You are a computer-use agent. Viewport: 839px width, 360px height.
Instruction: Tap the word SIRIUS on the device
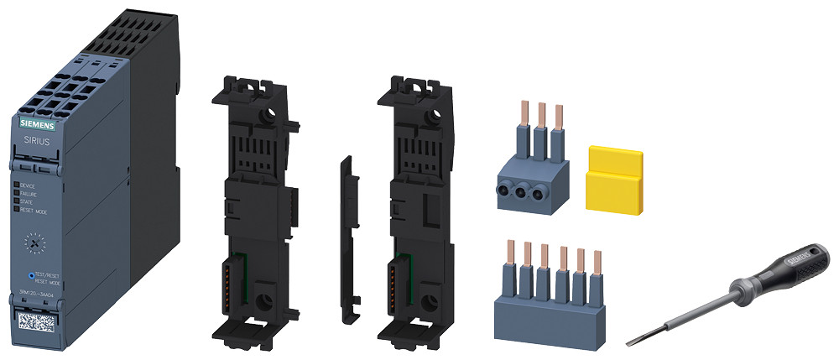tap(34, 143)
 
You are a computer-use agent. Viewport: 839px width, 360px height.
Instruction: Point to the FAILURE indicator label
tap(29, 193)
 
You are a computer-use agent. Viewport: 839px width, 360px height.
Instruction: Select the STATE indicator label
tap(27, 201)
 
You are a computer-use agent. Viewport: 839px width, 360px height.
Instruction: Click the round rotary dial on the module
tap(33, 243)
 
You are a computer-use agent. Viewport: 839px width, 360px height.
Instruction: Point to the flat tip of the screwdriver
tap(632, 342)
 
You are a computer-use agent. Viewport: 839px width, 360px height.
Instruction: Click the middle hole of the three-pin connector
tap(528, 190)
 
